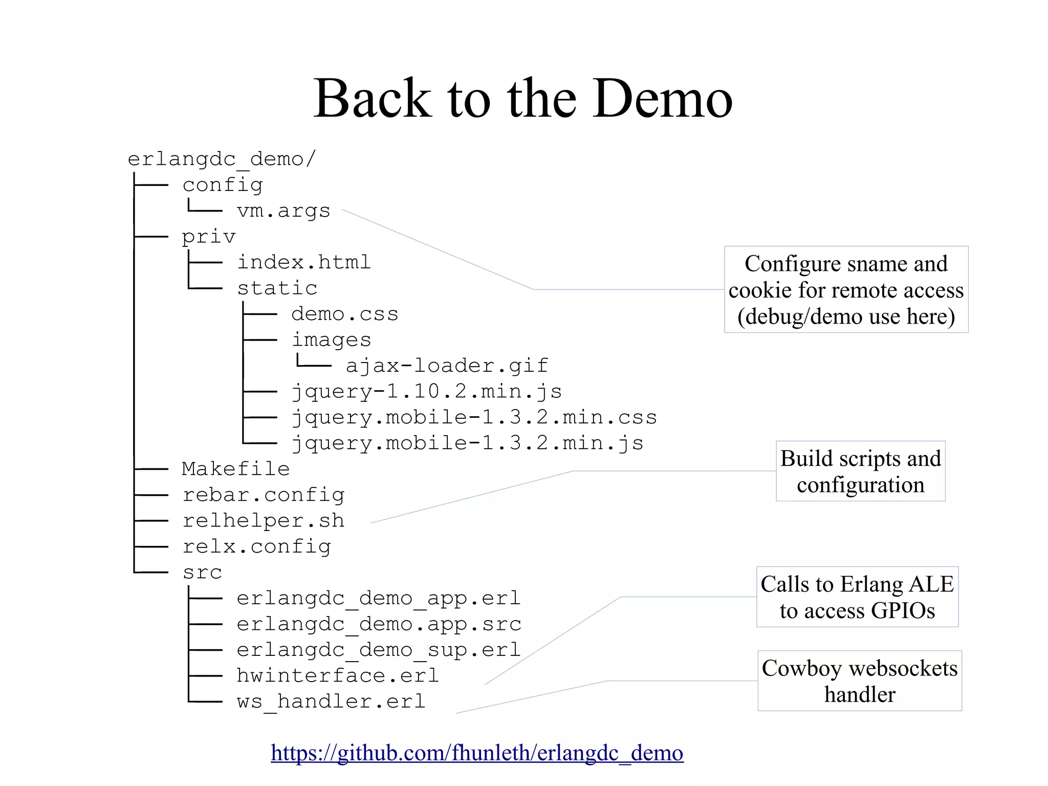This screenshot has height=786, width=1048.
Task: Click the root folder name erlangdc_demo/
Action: (222, 159)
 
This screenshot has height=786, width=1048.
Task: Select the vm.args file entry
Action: (283, 210)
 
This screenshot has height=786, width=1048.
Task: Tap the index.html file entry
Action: (303, 262)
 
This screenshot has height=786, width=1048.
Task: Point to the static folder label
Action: (277, 288)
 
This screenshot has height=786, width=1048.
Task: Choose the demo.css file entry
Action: (344, 314)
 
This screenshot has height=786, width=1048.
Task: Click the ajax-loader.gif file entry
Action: (447, 366)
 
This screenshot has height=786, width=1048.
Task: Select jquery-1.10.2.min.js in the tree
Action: (426, 392)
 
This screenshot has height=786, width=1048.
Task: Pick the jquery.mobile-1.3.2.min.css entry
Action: (474, 417)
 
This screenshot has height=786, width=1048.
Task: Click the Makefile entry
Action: (235, 469)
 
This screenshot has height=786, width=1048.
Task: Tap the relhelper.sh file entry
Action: (263, 521)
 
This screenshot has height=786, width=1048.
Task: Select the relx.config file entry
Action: (256, 547)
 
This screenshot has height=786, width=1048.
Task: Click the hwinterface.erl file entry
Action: (338, 676)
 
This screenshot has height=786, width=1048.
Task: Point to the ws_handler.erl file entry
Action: (331, 702)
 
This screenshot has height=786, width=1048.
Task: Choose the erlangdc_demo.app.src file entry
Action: (379, 624)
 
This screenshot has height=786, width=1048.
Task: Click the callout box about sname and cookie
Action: (846, 290)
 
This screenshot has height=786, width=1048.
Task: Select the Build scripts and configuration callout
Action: (860, 471)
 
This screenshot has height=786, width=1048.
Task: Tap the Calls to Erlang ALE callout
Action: (857, 597)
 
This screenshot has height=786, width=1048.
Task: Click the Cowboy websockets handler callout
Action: (859, 681)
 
